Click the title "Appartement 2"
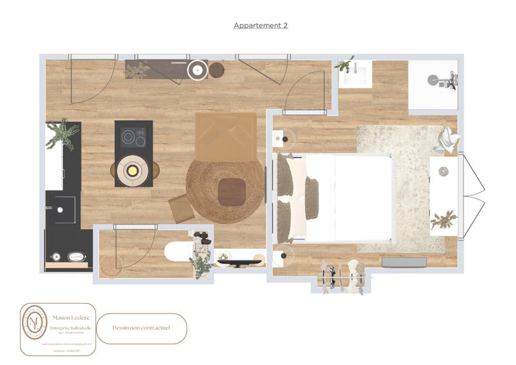pyautogui.click(x=260, y=25)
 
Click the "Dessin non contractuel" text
pyautogui.click(x=141, y=328)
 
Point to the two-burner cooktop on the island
pyautogui.click(x=134, y=137)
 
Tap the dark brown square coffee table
pyautogui.click(x=232, y=191)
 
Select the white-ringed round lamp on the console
pyautogui.click(x=197, y=69)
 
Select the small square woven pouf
pyautogui.click(x=180, y=209)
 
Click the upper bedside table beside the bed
pyautogui.click(x=281, y=138)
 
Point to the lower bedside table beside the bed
pyautogui.click(x=282, y=256)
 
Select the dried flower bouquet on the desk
pyautogui.click(x=444, y=219)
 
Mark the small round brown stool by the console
pyautogui.click(x=216, y=70)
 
